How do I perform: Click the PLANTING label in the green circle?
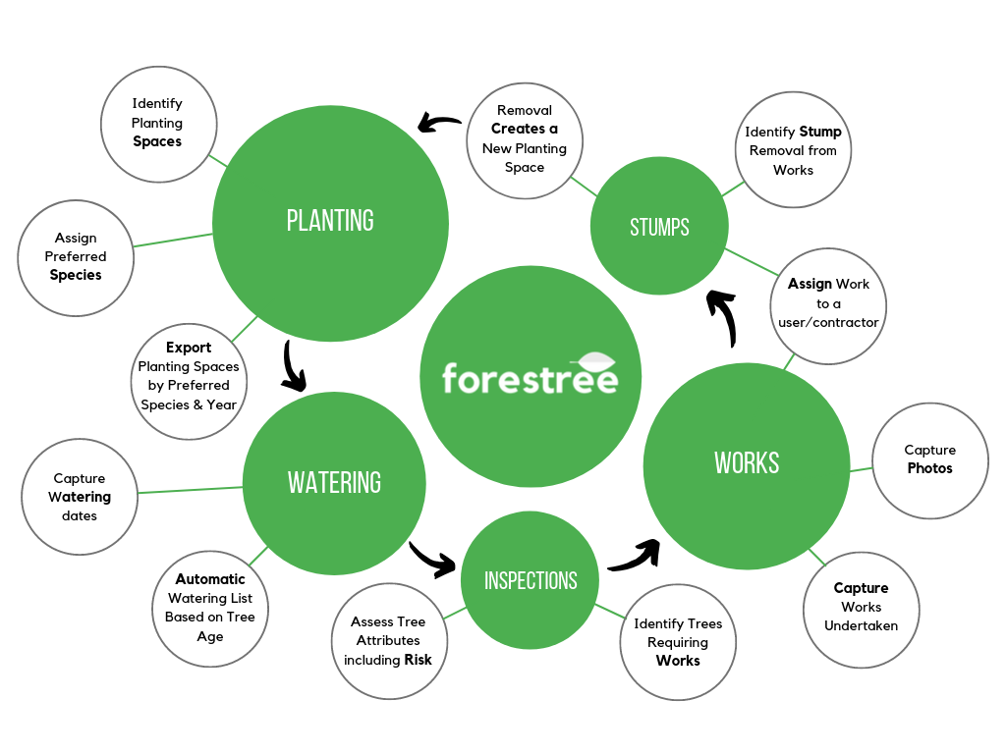(330, 221)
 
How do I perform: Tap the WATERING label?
(334, 482)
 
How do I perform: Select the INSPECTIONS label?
(531, 580)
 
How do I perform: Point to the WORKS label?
(747, 462)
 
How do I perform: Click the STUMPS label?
(659, 228)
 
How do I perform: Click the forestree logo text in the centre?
(530, 378)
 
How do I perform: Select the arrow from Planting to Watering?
(294, 366)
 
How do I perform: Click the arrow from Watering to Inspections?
(433, 559)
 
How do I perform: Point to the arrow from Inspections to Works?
(635, 557)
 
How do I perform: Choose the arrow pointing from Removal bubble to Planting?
(439, 123)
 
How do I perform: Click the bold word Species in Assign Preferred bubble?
(76, 275)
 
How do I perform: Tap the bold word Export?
(189, 348)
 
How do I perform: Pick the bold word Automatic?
(210, 579)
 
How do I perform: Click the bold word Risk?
(418, 660)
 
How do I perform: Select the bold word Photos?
(929, 468)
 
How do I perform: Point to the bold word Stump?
(820, 132)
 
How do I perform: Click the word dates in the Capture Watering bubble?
(80, 515)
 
